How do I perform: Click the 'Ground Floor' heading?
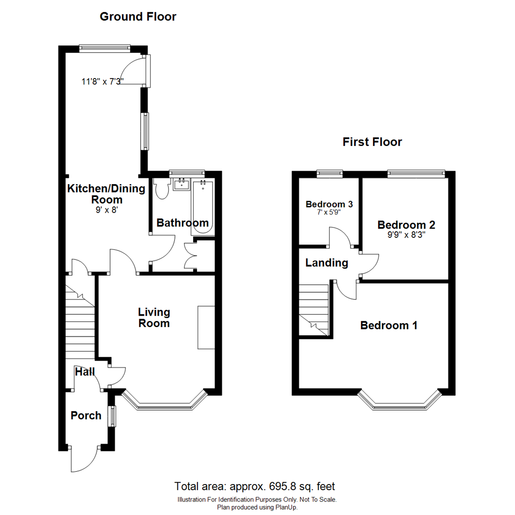(138, 17)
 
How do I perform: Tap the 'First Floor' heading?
(372, 142)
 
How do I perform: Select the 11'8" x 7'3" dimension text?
(103, 82)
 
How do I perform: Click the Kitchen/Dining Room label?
(106, 194)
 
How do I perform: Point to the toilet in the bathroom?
(162, 189)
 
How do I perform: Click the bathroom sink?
(181, 184)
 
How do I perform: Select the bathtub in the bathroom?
(203, 207)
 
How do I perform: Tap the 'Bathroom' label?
(182, 223)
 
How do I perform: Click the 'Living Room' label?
(154, 318)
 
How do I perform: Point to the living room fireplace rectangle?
(206, 328)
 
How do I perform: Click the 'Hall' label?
(84, 371)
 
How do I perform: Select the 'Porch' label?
(86, 415)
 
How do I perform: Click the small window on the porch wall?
(112, 416)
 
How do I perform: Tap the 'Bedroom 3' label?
(329, 204)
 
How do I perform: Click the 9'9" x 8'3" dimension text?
(406, 234)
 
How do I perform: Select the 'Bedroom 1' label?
(389, 325)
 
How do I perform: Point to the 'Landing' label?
(327, 263)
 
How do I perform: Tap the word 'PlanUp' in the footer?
(287, 507)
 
